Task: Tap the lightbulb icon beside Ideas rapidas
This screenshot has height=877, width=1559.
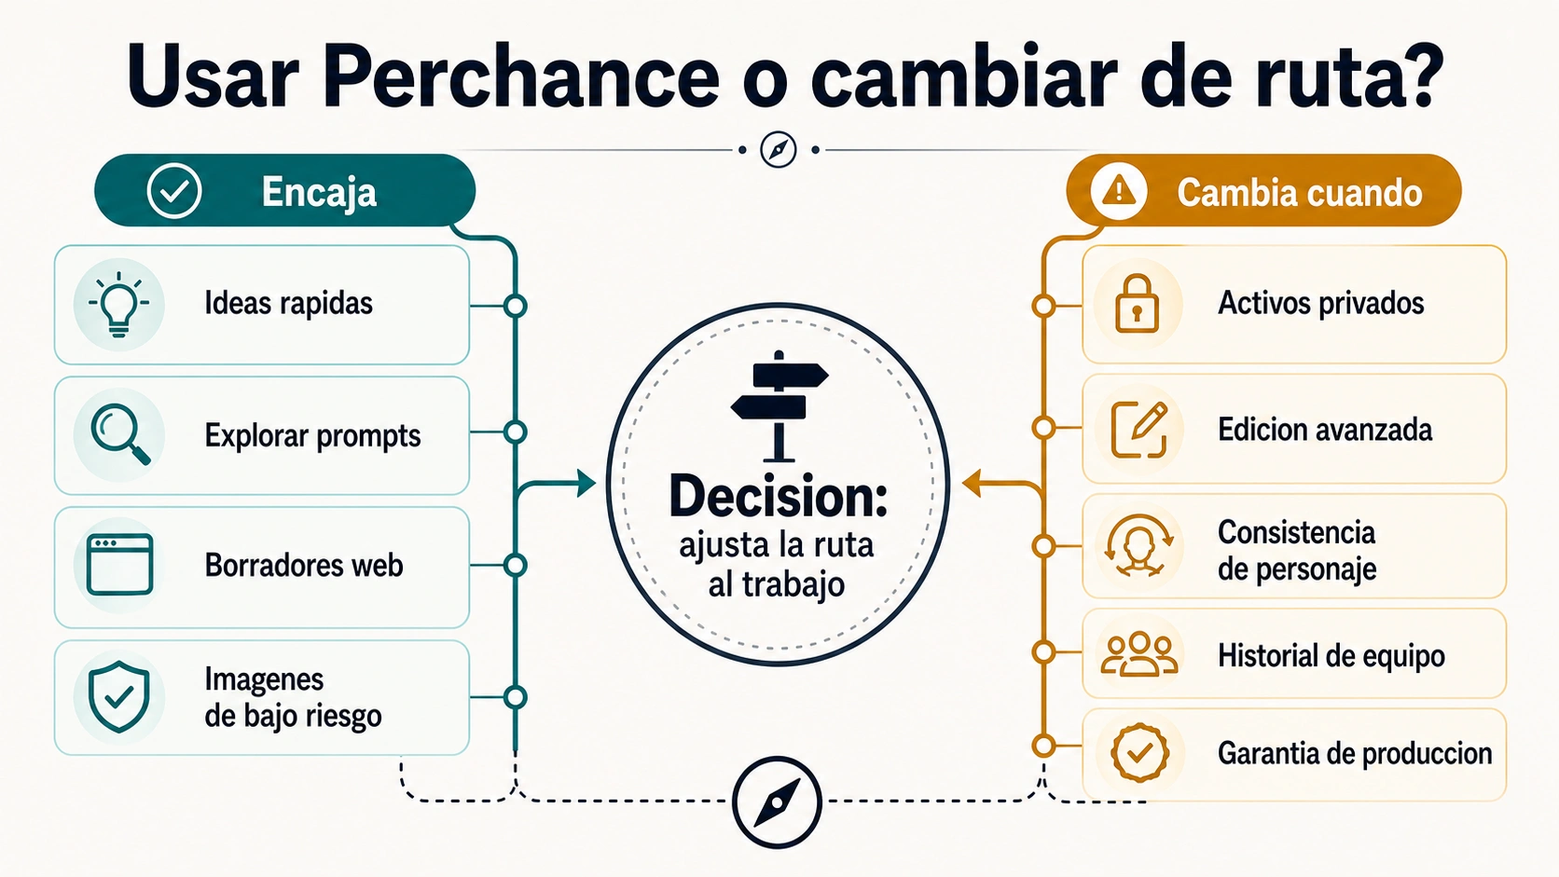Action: [x=119, y=305]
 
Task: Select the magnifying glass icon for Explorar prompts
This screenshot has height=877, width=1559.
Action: [x=120, y=434]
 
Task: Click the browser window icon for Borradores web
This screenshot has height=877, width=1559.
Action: [x=119, y=565]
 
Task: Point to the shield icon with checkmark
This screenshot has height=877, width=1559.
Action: [x=119, y=696]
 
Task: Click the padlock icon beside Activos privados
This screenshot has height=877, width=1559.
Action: [x=1138, y=303]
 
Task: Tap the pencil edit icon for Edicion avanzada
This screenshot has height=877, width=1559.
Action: [x=1139, y=430]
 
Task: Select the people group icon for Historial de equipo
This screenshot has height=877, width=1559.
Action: [x=1139, y=653]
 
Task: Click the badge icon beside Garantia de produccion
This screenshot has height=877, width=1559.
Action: [x=1139, y=752]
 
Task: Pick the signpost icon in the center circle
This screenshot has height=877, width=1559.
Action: [x=779, y=406]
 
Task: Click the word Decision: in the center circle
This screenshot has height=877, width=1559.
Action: [x=779, y=497]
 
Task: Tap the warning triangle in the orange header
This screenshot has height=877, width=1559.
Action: [x=1119, y=190]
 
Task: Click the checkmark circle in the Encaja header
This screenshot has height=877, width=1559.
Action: [x=174, y=190]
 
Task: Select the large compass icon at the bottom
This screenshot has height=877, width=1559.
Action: [x=777, y=802]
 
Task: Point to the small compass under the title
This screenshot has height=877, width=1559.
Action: [x=779, y=149]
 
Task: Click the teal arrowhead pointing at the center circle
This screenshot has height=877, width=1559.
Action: [x=586, y=484]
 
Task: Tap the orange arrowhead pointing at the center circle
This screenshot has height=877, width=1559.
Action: [x=972, y=484]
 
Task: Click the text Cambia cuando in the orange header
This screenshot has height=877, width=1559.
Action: [x=1300, y=193]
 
